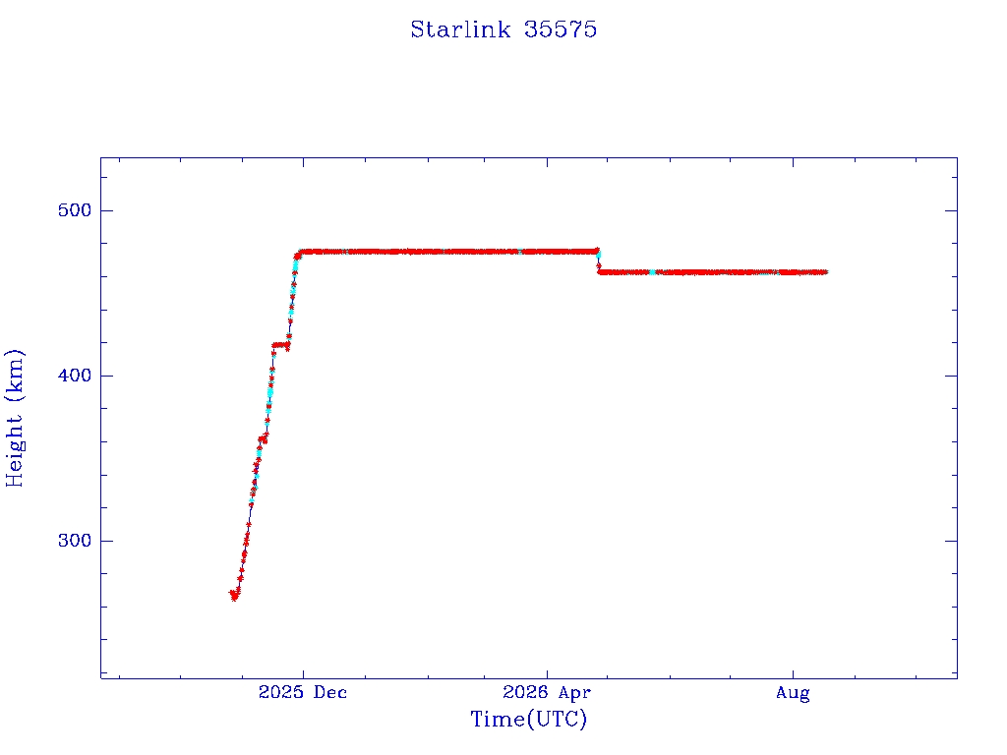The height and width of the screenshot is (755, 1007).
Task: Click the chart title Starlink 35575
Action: pos(503,29)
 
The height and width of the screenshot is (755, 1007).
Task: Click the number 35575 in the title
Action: pos(561,29)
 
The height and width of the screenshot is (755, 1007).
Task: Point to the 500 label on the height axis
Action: pos(75,210)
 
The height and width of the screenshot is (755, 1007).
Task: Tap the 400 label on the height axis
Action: pos(75,376)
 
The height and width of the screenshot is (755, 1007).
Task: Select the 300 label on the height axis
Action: pos(75,541)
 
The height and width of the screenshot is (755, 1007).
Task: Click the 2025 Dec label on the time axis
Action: pos(303,692)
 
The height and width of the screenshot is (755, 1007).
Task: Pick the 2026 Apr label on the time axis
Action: pos(547,692)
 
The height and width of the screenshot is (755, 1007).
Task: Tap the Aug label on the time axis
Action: pos(793,693)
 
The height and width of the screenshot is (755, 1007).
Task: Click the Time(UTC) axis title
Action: pos(528,719)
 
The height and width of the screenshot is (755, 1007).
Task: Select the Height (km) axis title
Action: pos(14,418)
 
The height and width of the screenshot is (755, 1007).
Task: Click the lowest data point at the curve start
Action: pos(234,599)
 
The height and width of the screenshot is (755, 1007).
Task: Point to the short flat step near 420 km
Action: pos(280,345)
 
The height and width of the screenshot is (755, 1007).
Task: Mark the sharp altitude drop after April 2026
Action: pos(599,261)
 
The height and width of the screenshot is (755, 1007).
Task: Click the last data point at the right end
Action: pos(825,272)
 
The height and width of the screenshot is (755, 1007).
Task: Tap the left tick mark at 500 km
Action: pos(106,210)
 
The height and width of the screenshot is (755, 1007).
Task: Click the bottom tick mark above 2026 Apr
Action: pos(547,672)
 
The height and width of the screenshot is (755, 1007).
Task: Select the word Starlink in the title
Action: pos(460,29)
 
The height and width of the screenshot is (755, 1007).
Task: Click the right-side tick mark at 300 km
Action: pos(951,541)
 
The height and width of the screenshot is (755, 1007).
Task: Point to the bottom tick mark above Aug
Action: pos(794,672)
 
